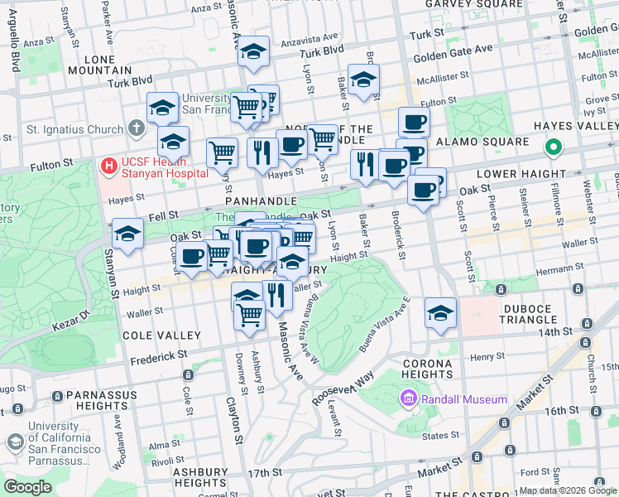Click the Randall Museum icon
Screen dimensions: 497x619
408,400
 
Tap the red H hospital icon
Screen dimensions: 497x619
108,166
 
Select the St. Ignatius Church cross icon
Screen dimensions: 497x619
137,129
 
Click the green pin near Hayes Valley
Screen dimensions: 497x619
553,148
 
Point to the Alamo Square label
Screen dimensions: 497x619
488,142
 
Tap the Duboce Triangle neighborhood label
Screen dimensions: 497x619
528,314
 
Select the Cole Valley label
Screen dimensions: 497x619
161,335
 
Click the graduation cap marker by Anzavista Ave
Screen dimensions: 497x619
254,51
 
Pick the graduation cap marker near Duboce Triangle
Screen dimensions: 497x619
441,313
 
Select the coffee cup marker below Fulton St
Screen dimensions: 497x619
414,123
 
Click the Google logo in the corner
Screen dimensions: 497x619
28,487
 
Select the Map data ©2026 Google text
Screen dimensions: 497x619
568,490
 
